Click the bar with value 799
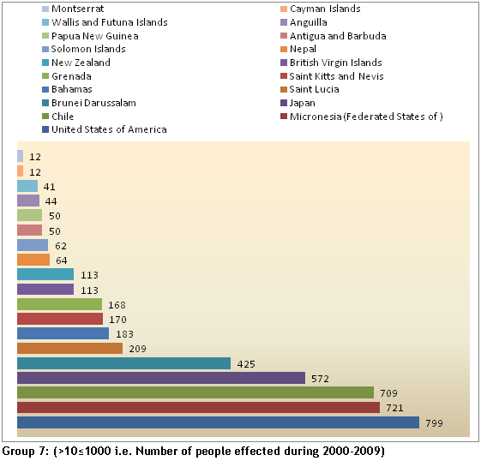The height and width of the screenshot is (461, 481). coord(218,422)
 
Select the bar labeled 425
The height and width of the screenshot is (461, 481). coord(124,363)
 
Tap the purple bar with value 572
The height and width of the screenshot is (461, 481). coord(161,378)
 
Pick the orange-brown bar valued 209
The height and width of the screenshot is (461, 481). coord(70,348)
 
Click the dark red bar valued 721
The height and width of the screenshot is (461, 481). coord(198,407)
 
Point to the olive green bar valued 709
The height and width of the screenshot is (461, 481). coord(195,392)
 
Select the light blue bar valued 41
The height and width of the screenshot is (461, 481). coord(27,186)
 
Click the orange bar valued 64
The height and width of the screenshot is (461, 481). coord(33,260)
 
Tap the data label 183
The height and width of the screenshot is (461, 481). coord(124,334)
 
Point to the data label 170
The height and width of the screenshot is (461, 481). coord(117,320)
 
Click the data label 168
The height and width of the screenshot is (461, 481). coord(117,305)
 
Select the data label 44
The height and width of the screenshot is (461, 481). coord(51,201)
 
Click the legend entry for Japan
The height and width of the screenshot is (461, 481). coord(298,103)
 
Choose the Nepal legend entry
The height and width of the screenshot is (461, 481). coord(298,49)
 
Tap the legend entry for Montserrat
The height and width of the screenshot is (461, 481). coord(73,9)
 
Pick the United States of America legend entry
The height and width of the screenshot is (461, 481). coord(105,129)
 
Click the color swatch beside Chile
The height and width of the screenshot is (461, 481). coord(45,117)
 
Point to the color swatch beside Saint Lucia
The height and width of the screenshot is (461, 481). coord(284,89)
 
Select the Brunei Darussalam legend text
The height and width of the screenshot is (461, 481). coord(93,103)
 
